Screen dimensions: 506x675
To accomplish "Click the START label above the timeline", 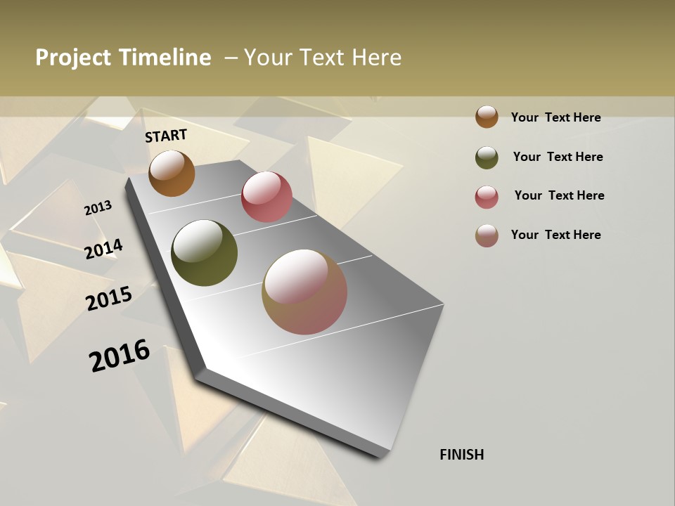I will [166, 136].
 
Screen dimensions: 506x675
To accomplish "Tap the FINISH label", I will [462, 455].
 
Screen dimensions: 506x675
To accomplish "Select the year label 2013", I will [98, 208].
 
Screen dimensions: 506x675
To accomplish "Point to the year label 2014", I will [104, 249].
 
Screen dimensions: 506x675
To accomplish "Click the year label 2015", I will [109, 299].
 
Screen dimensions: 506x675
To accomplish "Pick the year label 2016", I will [120, 355].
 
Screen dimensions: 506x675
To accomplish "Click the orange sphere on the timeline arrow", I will [172, 174].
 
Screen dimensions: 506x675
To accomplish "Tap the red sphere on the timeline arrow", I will [266, 197].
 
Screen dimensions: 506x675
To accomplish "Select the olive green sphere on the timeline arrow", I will [204, 253].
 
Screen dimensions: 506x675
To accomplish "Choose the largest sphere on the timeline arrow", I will [304, 292].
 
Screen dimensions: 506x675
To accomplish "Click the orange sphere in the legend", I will [487, 117].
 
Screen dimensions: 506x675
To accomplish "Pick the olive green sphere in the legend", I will [487, 157].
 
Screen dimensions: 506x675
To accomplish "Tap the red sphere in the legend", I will [487, 197].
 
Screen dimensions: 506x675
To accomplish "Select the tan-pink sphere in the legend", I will [487, 235].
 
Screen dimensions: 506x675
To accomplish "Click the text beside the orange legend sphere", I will [555, 117].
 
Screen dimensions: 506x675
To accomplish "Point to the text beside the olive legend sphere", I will [558, 157].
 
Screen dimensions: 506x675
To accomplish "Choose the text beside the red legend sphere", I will [559, 195].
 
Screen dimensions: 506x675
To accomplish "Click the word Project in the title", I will [73, 58].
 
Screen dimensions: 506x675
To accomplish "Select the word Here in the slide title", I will [376, 58].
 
